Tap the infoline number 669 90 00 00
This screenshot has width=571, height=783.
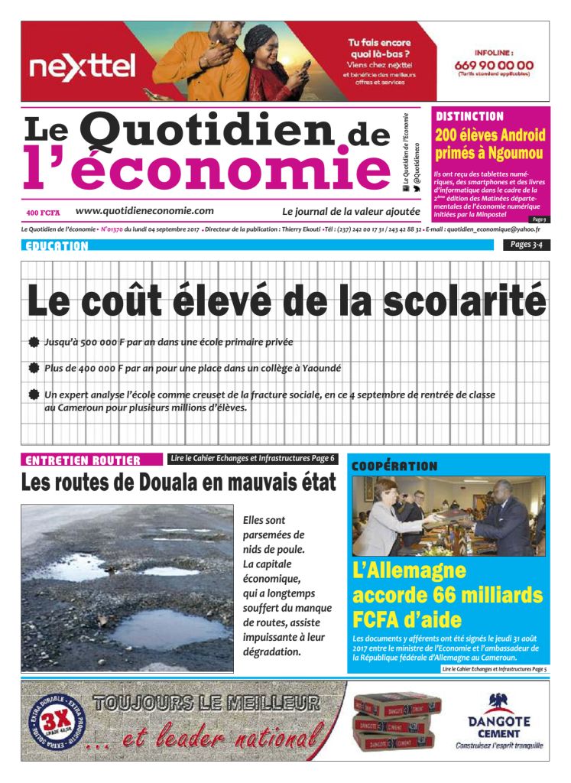[494, 65]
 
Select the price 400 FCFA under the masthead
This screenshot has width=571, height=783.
[43, 212]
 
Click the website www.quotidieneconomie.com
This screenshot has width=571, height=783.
[144, 211]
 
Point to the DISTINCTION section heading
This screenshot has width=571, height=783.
[469, 117]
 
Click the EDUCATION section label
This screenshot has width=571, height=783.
[57, 246]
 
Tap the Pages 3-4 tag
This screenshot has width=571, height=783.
[526, 245]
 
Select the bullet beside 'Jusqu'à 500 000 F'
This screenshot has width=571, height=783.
[34, 343]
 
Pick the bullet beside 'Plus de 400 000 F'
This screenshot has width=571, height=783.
[34, 369]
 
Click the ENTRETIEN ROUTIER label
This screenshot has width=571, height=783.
[83, 460]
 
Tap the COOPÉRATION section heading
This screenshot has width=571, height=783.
[394, 466]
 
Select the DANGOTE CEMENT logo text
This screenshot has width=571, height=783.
[498, 727]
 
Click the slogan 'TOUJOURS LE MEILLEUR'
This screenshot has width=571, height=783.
[205, 702]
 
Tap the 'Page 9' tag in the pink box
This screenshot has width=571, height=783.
[538, 219]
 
